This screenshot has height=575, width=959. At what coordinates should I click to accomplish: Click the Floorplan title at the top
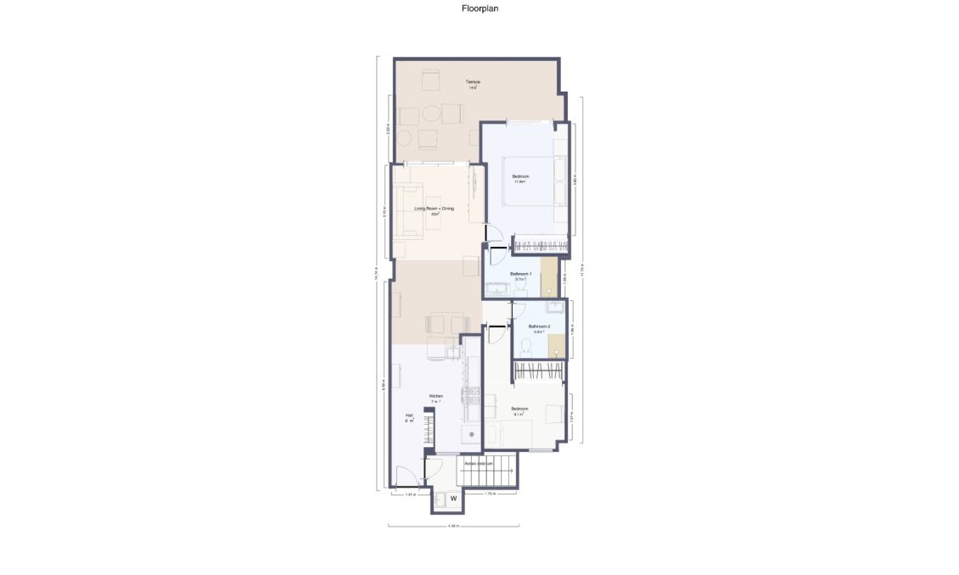pyautogui.click(x=479, y=8)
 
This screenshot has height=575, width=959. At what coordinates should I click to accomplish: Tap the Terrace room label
pyautogui.click(x=472, y=83)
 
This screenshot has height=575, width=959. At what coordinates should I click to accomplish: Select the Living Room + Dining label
pyautogui.click(x=435, y=209)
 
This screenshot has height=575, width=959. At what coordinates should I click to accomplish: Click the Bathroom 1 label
pyautogui.click(x=520, y=275)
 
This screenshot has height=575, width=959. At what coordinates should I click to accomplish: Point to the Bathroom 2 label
pyautogui.click(x=540, y=327)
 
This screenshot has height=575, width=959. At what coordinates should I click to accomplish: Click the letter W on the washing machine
pyautogui.click(x=453, y=498)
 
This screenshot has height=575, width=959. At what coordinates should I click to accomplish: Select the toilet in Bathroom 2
pyautogui.click(x=527, y=344)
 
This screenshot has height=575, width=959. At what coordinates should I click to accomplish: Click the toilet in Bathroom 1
pyautogui.click(x=520, y=292)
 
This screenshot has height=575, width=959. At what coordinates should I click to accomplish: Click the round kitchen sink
pyautogui.click(x=472, y=435)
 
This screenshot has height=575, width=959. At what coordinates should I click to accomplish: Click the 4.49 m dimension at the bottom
pyautogui.click(x=453, y=527)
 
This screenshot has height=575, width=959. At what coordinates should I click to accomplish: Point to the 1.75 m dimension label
pyautogui.click(x=490, y=494)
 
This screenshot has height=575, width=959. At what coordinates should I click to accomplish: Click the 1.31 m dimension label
pyautogui.click(x=410, y=494)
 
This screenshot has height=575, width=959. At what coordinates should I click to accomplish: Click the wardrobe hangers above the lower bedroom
pyautogui.click(x=540, y=371)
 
